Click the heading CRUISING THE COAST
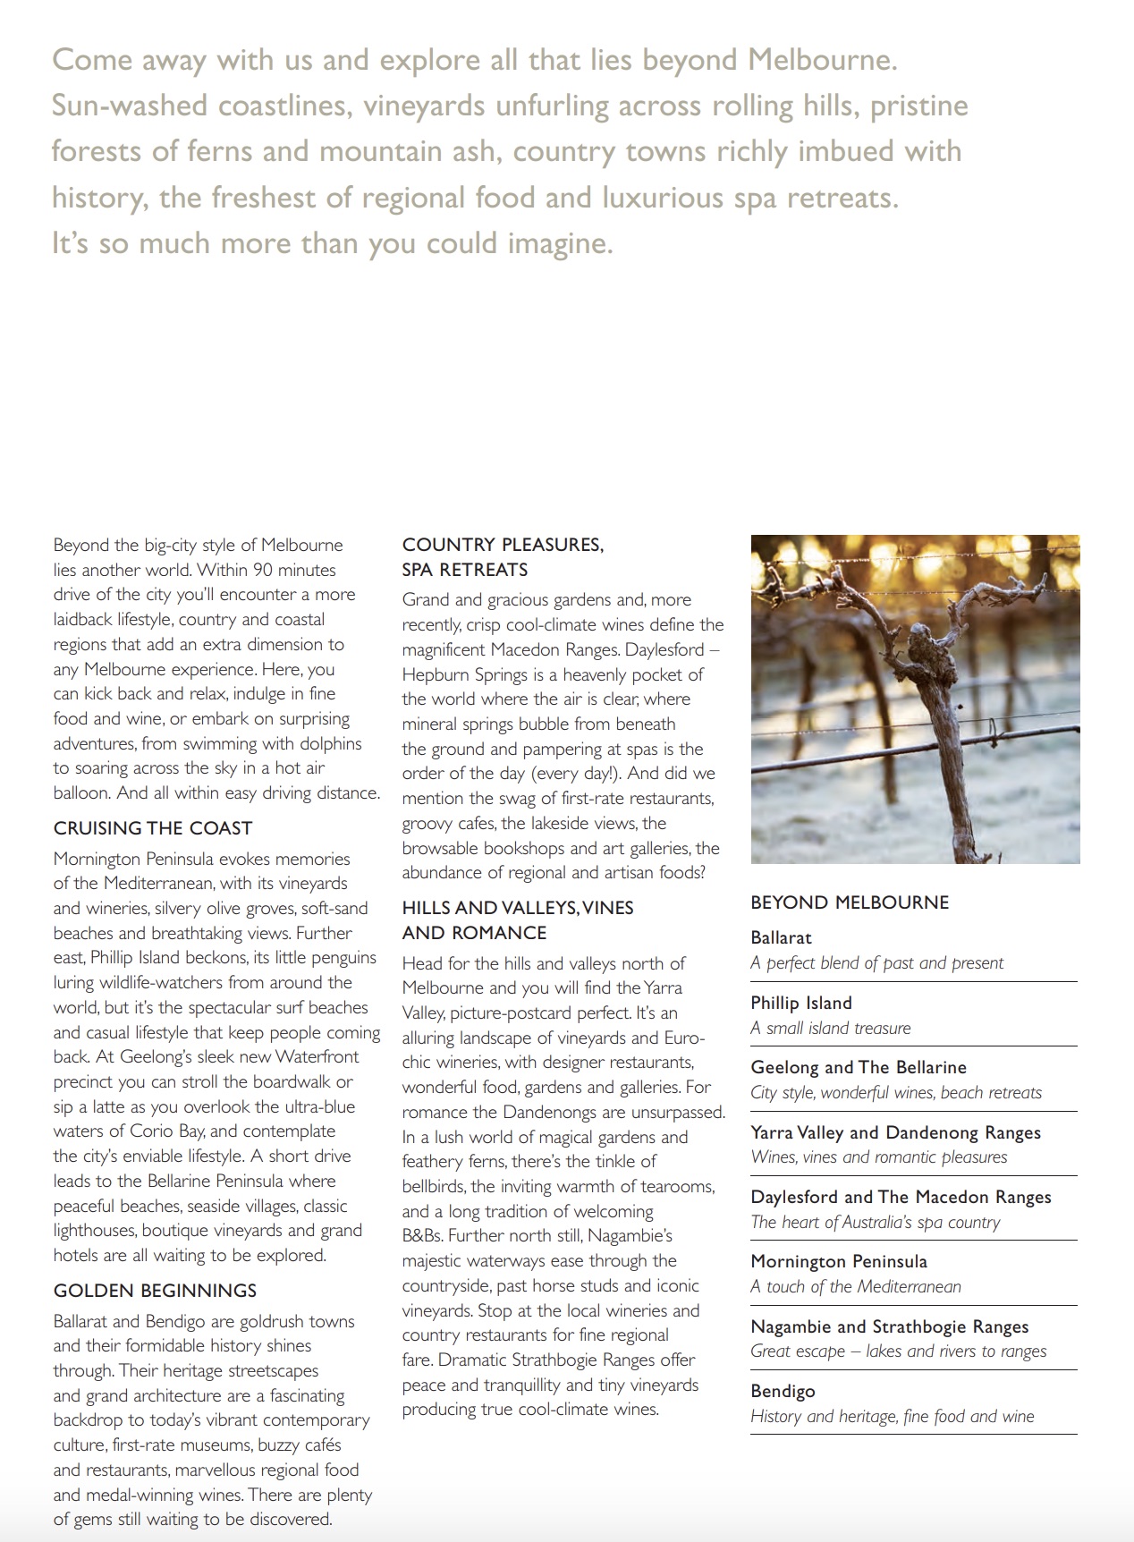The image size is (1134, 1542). pyautogui.click(x=153, y=828)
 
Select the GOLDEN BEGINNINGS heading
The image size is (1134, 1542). pyautogui.click(x=155, y=1291)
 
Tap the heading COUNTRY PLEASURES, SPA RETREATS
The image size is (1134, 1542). pyautogui.click(x=503, y=557)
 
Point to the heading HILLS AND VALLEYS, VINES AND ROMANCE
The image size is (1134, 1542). pyautogui.click(x=518, y=920)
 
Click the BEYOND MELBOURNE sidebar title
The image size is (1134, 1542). pyautogui.click(x=850, y=902)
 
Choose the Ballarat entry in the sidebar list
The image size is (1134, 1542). pyautogui.click(x=782, y=937)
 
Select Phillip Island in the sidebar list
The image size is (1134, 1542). pyautogui.click(x=801, y=1003)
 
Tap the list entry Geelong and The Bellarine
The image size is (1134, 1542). pyautogui.click(x=859, y=1067)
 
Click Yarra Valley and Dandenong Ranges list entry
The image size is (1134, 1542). pyautogui.click(x=895, y=1132)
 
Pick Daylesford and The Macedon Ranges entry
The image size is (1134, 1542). pyautogui.click(x=901, y=1197)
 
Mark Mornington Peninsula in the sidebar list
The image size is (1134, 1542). pyautogui.click(x=839, y=1261)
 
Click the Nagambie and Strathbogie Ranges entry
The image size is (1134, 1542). pyautogui.click(x=889, y=1326)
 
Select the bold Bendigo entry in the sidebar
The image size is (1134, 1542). pyautogui.click(x=783, y=1391)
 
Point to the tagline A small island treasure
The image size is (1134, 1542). pyautogui.click(x=830, y=1029)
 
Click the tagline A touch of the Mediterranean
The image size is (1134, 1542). pyautogui.click(x=855, y=1287)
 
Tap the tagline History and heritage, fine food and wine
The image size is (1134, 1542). pyautogui.click(x=892, y=1417)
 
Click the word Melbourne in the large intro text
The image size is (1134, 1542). pyautogui.click(x=822, y=60)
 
